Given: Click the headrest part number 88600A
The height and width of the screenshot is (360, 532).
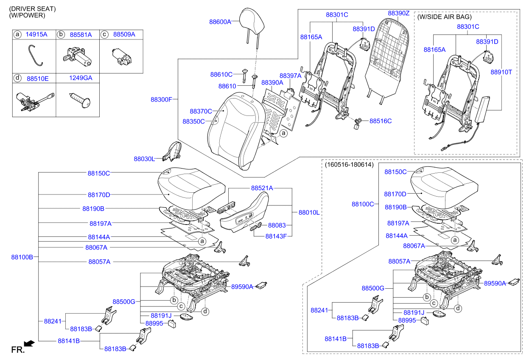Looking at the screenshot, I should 220,21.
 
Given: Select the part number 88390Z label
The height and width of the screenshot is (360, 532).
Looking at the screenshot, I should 398,13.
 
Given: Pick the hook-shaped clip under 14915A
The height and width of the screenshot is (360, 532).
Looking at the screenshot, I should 35,56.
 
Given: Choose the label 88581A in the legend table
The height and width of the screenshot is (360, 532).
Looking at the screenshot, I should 81,34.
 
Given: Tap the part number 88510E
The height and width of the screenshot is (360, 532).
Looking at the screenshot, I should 37,79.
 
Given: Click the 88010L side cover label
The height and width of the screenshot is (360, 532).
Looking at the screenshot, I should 309,212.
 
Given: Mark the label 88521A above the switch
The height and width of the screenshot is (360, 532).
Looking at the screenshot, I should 262,188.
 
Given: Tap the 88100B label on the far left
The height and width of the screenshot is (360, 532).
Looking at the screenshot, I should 22,257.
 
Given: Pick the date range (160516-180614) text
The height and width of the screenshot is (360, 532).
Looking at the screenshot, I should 349,165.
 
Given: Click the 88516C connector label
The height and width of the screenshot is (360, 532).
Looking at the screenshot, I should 380,121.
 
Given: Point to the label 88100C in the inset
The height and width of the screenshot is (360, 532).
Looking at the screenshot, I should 362,204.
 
